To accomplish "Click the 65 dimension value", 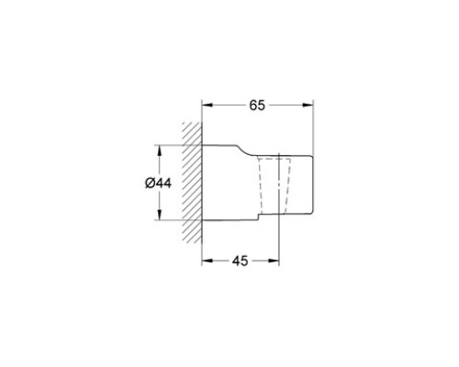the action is (257, 106).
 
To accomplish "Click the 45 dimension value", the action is (240, 261).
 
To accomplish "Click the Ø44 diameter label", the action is (158, 183).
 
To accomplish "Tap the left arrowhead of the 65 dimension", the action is (207, 106).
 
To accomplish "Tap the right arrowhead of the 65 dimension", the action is (308, 106).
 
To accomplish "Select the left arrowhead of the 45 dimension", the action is (207, 261).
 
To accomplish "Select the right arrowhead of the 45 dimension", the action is (274, 261).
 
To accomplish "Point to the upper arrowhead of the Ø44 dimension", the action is (159, 150).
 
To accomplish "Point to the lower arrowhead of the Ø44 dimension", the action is (159, 214).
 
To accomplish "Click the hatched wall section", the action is (192, 183).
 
